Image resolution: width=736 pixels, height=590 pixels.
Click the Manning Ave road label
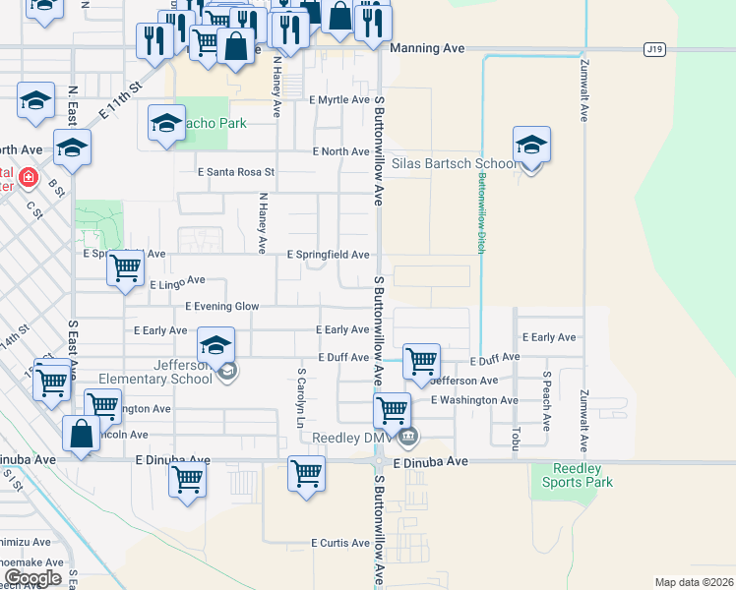427,47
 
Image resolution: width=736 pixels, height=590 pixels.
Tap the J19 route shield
654,47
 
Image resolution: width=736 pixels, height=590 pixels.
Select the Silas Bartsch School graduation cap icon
530,146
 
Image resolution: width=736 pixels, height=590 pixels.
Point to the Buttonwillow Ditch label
482,213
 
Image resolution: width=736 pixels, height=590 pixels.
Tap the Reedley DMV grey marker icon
409,437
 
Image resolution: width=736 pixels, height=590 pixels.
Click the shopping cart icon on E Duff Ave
421,360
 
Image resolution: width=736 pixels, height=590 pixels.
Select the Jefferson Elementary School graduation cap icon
215,345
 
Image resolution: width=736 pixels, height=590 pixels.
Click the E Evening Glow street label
222,307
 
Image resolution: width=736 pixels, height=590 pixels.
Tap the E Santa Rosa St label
236,171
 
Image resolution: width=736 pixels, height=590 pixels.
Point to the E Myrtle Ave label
339,100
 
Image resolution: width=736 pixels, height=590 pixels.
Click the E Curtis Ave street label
340,543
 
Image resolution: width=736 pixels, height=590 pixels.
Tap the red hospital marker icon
28,178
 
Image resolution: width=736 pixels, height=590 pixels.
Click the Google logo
31,578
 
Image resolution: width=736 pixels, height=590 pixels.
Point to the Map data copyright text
694,582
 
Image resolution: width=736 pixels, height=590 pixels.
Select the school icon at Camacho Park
166,124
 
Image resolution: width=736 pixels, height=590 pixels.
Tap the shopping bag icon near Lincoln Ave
81,433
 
